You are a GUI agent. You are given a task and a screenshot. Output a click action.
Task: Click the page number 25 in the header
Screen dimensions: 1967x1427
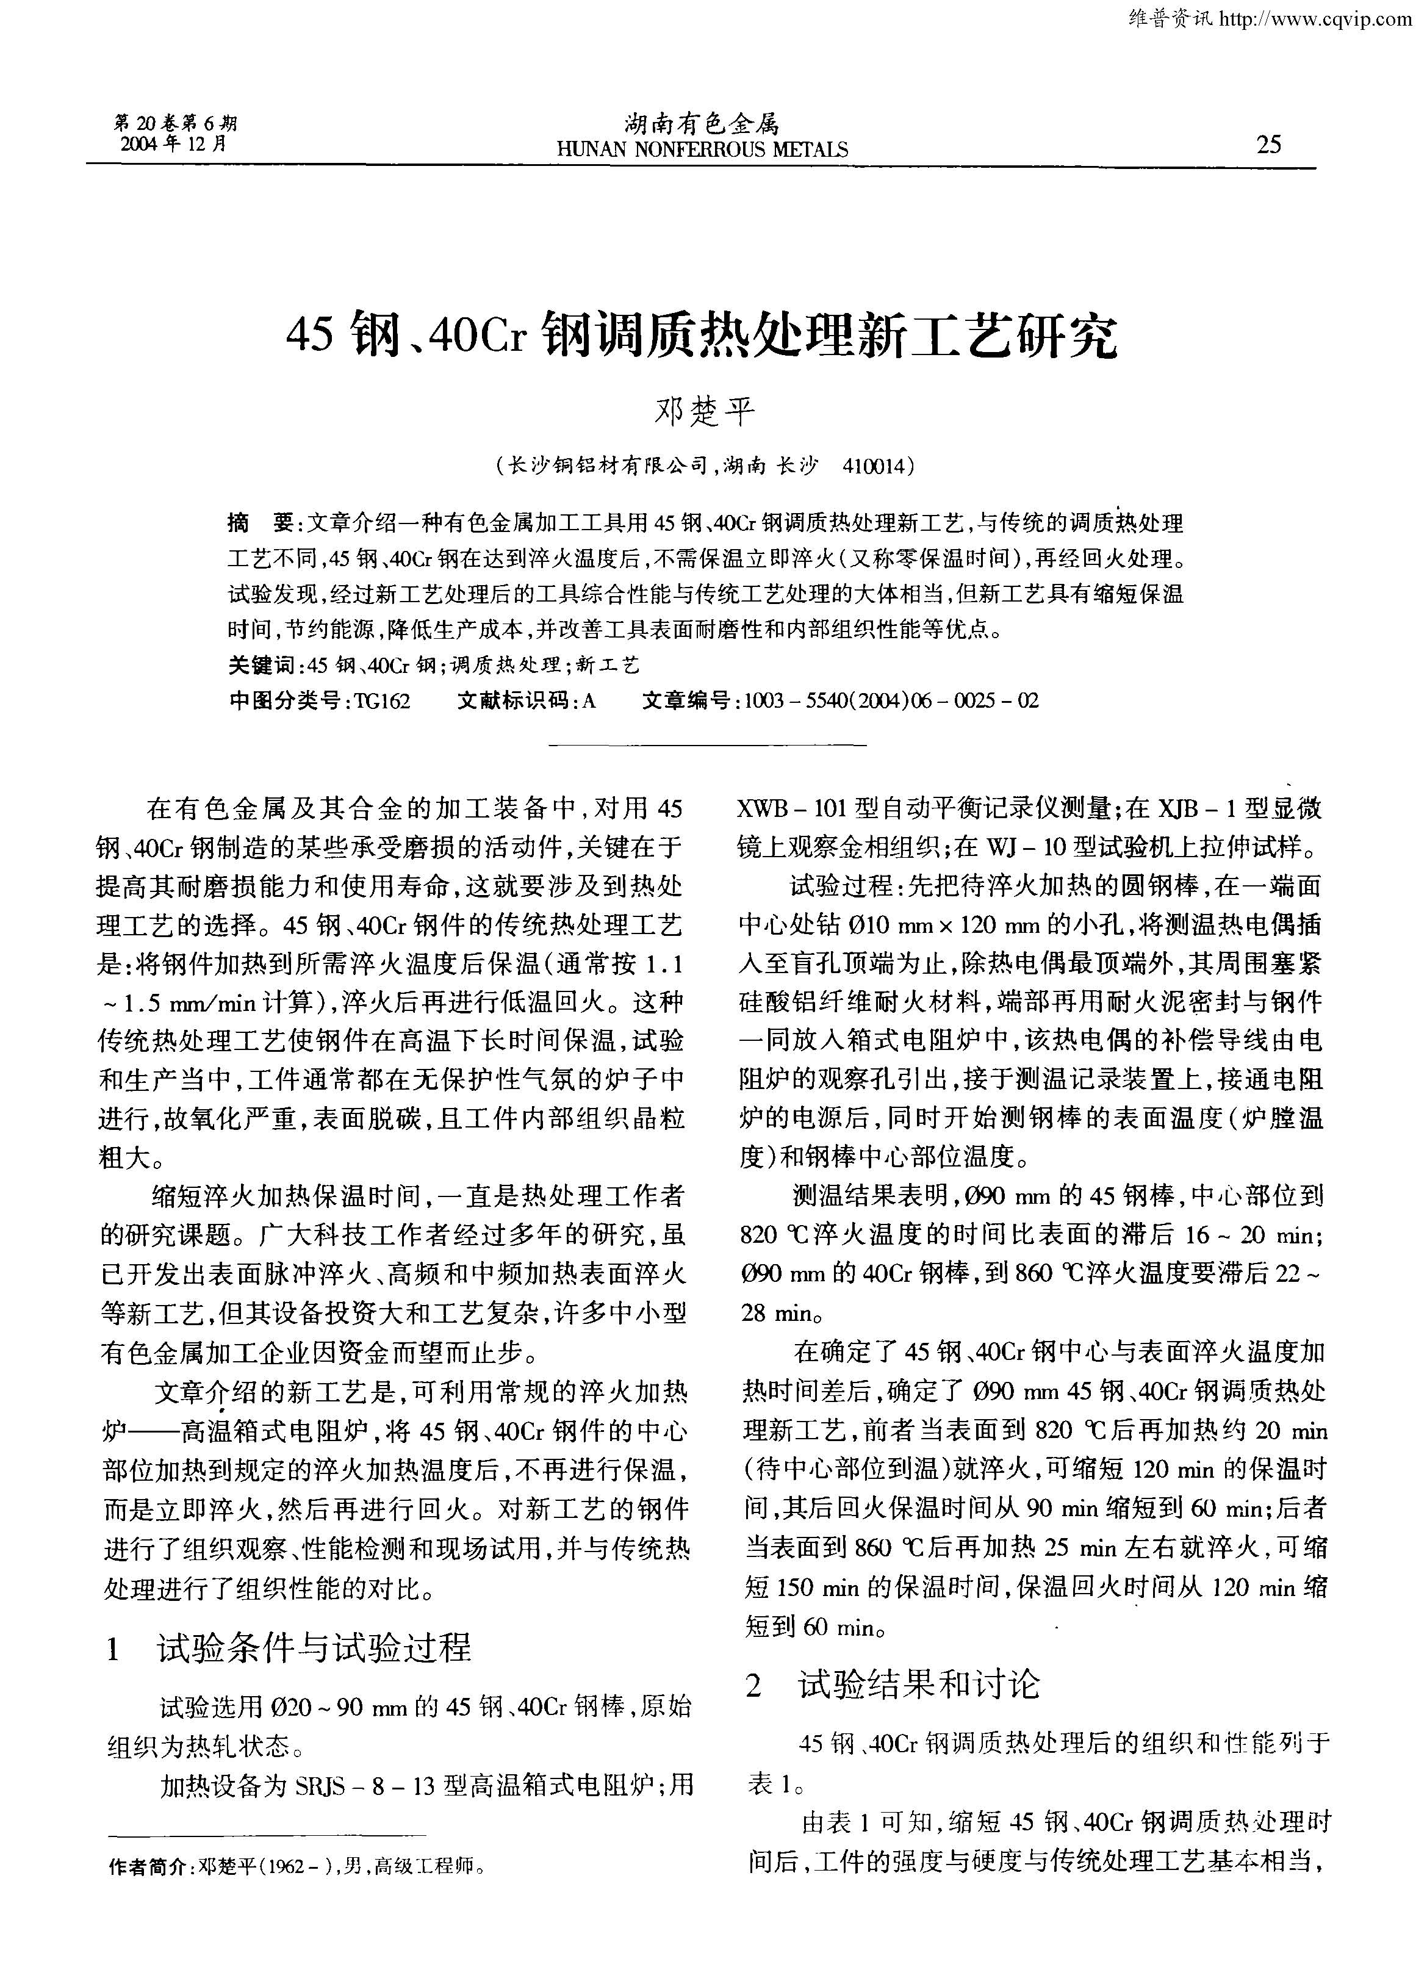pos(1268,143)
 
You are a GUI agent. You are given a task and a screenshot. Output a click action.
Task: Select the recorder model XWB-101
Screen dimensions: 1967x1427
pos(792,809)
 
